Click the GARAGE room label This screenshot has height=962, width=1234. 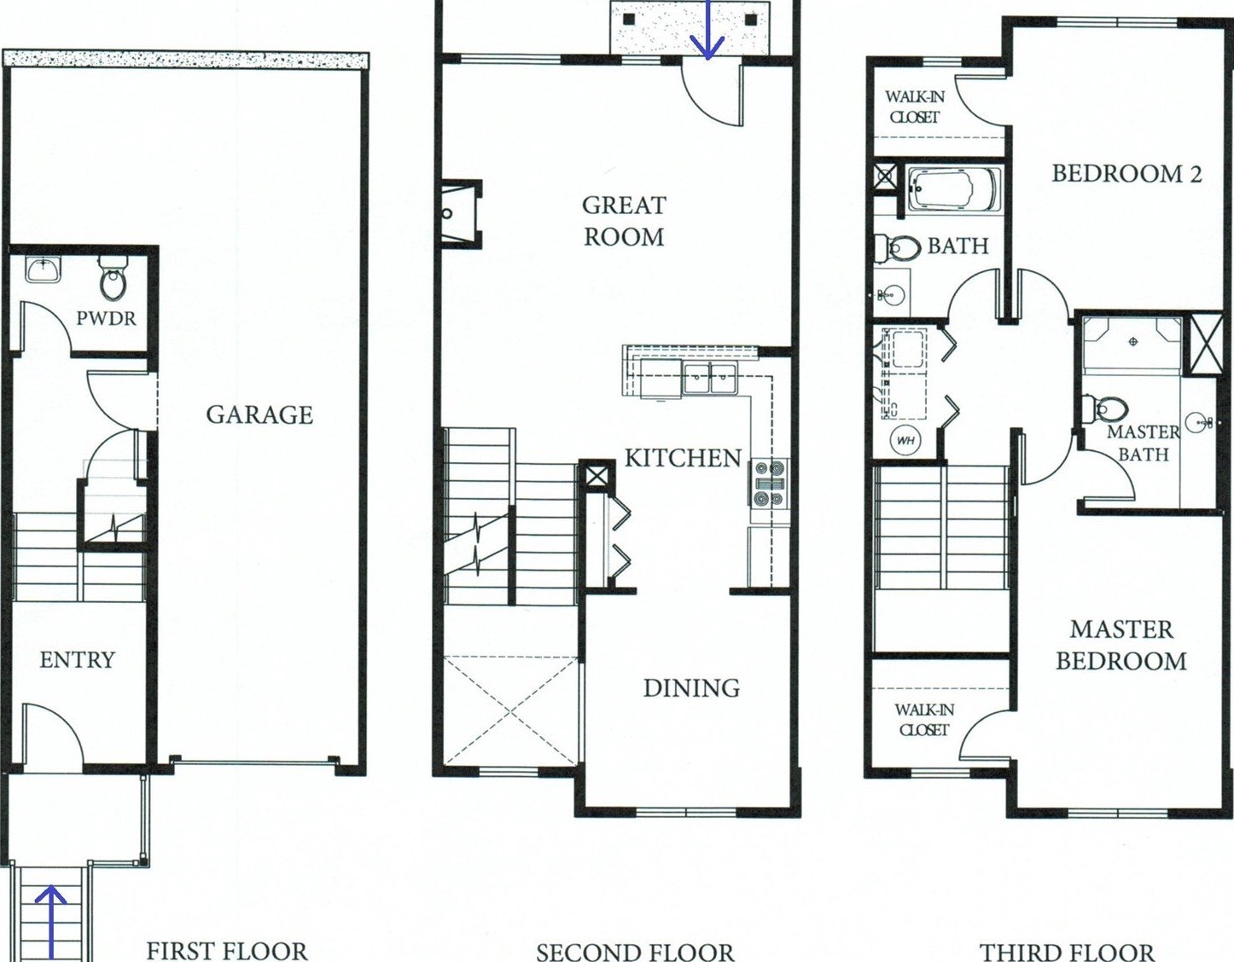(259, 414)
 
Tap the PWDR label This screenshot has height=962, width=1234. (106, 318)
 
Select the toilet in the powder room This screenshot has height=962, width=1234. (114, 277)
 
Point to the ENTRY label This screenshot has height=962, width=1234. (77, 659)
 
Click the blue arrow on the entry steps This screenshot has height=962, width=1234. (51, 924)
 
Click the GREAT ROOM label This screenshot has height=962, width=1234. (624, 222)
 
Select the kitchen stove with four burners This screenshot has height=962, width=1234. (769, 483)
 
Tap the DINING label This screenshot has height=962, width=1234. (691, 688)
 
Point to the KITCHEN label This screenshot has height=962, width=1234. (684, 458)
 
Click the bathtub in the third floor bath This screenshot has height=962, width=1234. (952, 190)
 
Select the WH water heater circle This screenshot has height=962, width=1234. (905, 440)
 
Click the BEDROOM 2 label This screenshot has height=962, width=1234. (1126, 173)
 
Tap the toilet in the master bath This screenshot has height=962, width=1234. (1105, 409)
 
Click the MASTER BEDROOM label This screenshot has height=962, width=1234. (1121, 646)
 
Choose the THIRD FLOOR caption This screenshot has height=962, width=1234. (1067, 952)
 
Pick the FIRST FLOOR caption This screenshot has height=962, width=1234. (227, 951)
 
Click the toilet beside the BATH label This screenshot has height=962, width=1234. (898, 248)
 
